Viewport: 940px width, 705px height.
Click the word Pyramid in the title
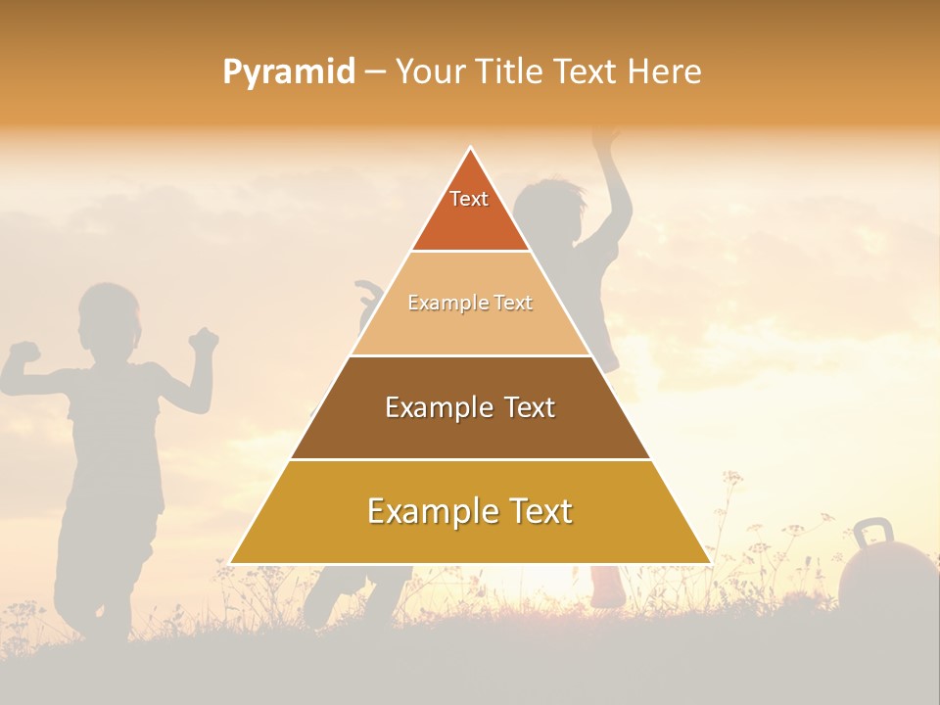pyautogui.click(x=288, y=72)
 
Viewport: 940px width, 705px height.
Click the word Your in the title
pyautogui.click(x=429, y=71)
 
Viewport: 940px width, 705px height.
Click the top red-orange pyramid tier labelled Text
pyautogui.click(x=470, y=211)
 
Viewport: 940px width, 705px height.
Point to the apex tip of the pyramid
pyautogui.click(x=471, y=149)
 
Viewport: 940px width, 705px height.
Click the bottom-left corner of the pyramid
pyautogui.click(x=231, y=562)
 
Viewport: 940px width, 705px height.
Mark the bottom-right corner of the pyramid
pyautogui.click(x=709, y=562)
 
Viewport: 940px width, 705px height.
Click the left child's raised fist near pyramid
pyautogui.click(x=204, y=341)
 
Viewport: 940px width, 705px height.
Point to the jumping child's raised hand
pyautogui.click(x=607, y=137)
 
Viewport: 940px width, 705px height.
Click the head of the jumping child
pyautogui.click(x=549, y=208)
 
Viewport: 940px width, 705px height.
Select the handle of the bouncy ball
pyautogui.click(x=872, y=535)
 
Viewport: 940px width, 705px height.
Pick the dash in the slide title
pyautogui.click(x=375, y=72)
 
